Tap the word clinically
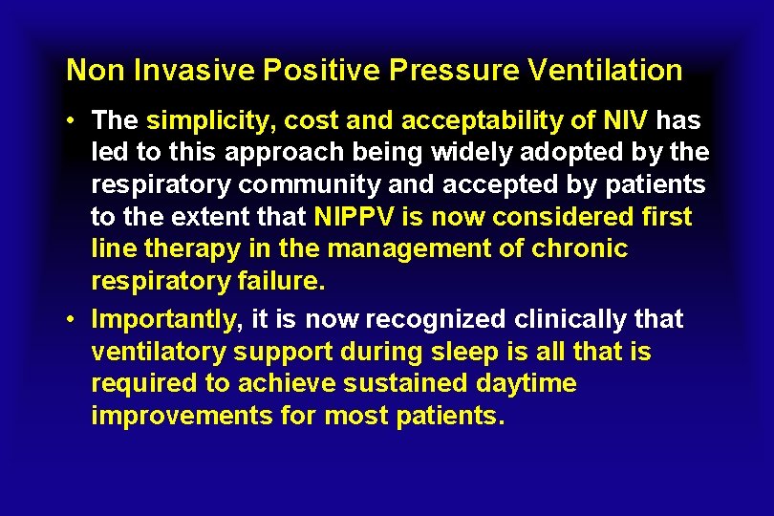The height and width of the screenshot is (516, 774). [564, 318]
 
